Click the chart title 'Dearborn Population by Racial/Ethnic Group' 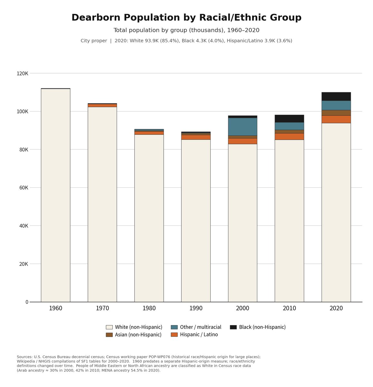186,17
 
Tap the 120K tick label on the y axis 23,74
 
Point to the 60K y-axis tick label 24,188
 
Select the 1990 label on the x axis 196,308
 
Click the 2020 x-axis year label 336,308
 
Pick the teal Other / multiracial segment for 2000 243,127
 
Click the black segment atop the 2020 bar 336,96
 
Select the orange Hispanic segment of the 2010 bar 289,136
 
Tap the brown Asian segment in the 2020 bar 336,113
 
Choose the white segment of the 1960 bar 56,195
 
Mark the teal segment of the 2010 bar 289,126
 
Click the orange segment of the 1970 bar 102,105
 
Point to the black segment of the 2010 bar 289,119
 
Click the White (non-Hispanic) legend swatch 109,327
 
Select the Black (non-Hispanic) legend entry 258,327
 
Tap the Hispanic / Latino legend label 199,334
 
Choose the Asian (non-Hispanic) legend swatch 109,335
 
